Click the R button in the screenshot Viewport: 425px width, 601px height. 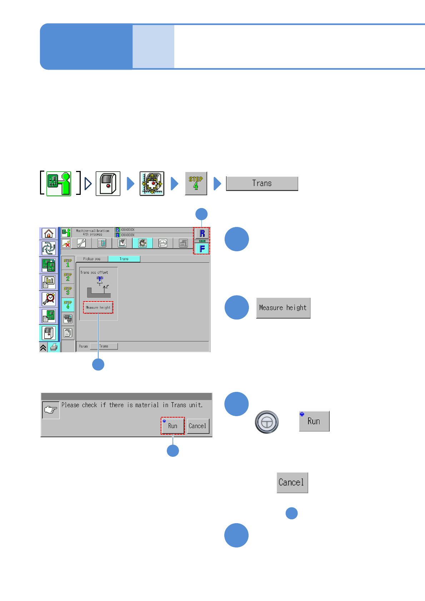202,234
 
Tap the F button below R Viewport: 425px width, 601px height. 202,248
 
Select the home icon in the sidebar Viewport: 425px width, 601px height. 49,233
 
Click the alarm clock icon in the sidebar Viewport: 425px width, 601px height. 49,299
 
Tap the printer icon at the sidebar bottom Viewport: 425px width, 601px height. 54,347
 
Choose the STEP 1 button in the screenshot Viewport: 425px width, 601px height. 68,263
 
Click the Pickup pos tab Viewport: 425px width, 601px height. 92,259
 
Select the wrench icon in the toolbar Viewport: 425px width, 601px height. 81,243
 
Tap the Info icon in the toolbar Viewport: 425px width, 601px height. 163,243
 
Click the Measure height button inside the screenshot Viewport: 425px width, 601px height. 98,307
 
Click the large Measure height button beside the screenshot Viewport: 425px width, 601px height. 283,308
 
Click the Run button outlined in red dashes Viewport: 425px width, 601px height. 172,425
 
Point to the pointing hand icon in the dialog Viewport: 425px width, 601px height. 51,410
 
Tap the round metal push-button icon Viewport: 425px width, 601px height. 266,422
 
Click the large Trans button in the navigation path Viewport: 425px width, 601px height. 262,183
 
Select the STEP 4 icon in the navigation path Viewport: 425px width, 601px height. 196,183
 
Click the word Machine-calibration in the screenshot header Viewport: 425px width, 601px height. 92,231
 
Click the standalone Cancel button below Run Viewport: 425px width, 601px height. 292,483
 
